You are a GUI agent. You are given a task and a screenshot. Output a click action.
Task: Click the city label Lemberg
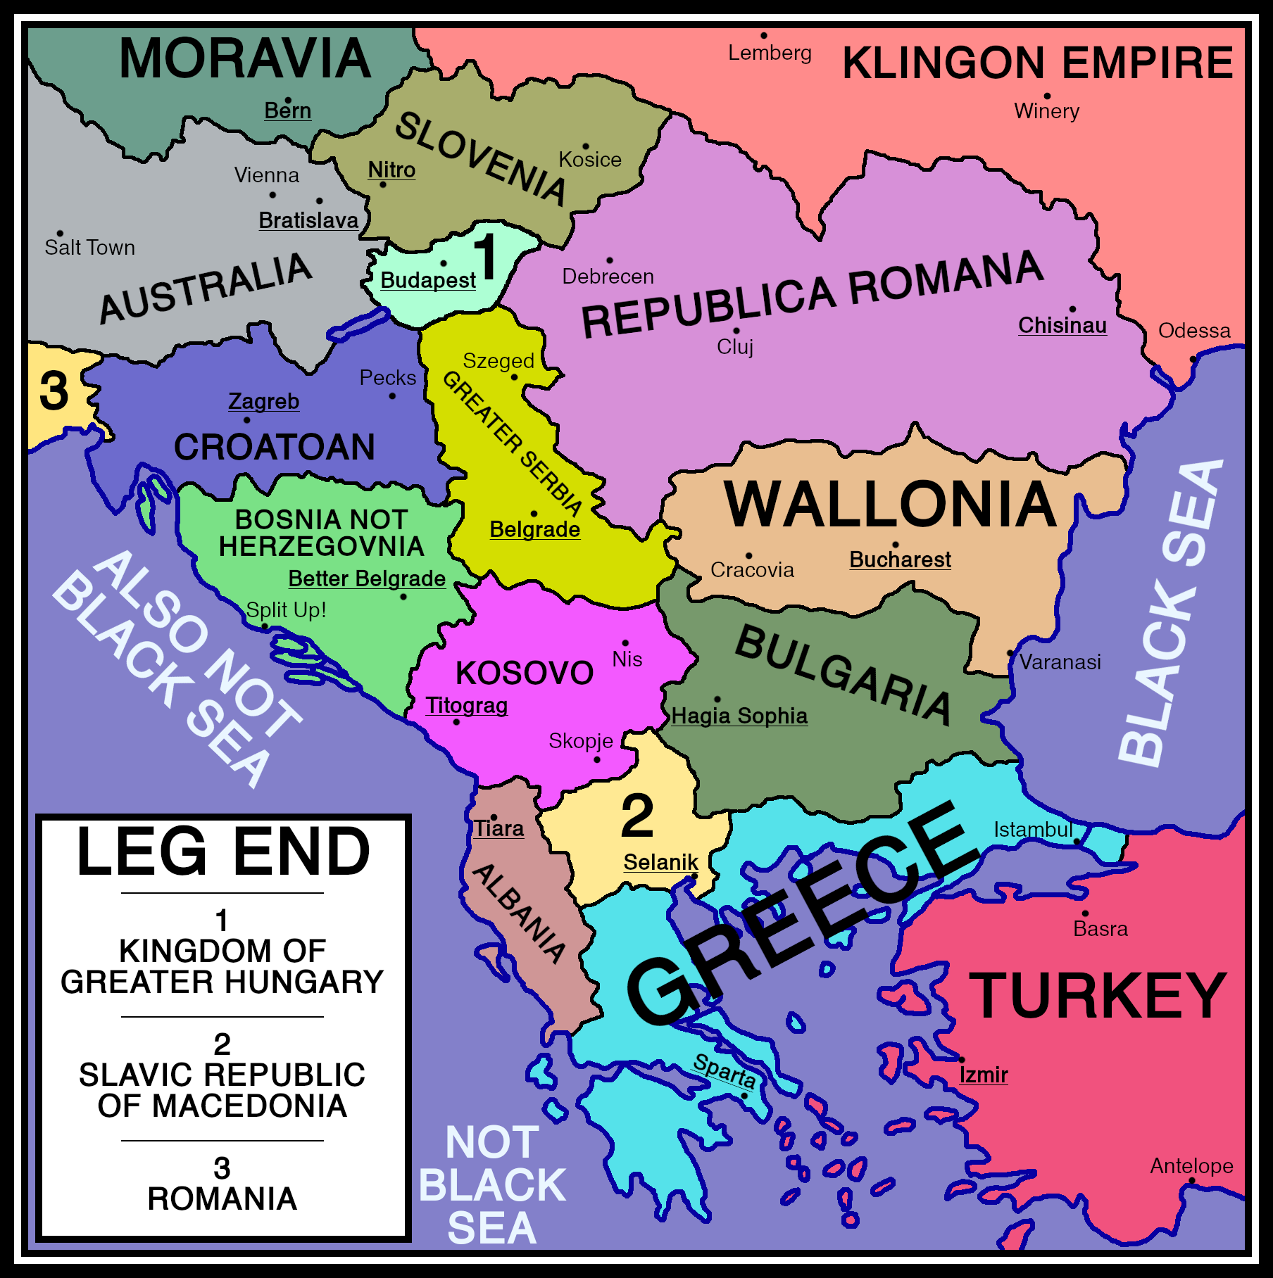(x=770, y=53)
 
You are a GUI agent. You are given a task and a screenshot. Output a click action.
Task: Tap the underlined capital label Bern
(x=287, y=110)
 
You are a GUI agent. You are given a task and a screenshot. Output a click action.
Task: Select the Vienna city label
(x=266, y=175)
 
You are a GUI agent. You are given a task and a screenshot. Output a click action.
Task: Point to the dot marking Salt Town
(x=60, y=234)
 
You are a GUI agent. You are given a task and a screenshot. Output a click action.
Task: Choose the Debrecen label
(x=608, y=277)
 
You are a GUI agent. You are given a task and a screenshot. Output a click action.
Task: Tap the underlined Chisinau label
(x=1062, y=325)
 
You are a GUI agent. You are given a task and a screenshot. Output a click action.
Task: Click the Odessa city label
(x=1194, y=330)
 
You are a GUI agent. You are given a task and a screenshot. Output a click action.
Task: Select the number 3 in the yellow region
(x=54, y=391)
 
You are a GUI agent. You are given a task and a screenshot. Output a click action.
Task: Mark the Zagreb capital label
(x=263, y=401)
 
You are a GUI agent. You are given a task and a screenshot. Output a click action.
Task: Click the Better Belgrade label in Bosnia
(x=367, y=578)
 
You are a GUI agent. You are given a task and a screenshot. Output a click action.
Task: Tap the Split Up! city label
(x=286, y=609)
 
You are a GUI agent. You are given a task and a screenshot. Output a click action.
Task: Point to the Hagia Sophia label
(x=739, y=716)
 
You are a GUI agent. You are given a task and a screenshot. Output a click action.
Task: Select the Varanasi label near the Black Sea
(x=1060, y=662)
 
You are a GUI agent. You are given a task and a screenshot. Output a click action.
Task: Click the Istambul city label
(x=1033, y=830)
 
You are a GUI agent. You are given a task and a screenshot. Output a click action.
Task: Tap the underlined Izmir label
(x=984, y=1075)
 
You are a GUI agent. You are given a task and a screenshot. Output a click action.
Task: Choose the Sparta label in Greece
(x=725, y=1070)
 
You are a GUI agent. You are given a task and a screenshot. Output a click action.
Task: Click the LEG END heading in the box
(x=223, y=852)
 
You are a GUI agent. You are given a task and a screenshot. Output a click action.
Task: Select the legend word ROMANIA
(x=222, y=1198)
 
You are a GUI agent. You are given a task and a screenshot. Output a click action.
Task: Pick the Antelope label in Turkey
(x=1191, y=1166)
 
